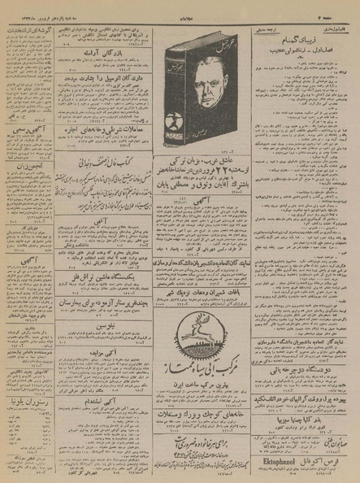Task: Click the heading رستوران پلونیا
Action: pos(30,399)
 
